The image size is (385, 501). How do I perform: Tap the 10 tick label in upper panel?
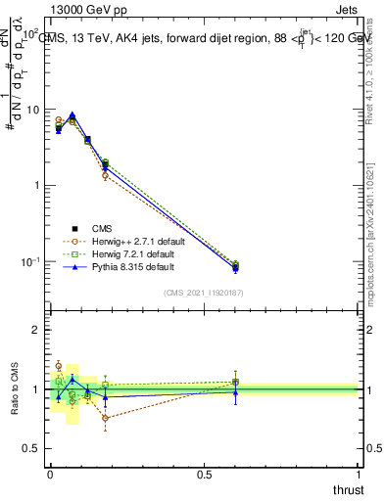click(33, 110)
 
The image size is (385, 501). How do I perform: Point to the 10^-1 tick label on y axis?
click(31, 262)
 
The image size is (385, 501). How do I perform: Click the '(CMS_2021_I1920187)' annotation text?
click(204, 292)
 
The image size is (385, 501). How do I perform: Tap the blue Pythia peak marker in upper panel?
click(72, 114)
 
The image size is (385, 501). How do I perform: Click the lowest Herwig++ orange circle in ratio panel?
click(105, 418)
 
